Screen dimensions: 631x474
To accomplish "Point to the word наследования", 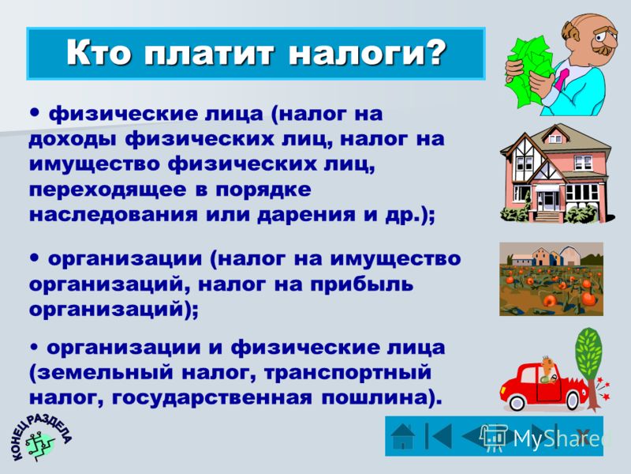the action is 114,214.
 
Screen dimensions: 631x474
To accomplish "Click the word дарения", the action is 307,215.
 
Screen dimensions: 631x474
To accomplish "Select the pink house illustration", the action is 557,173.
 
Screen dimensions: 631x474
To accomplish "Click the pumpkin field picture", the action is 551,279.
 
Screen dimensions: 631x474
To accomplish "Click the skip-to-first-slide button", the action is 439,435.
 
